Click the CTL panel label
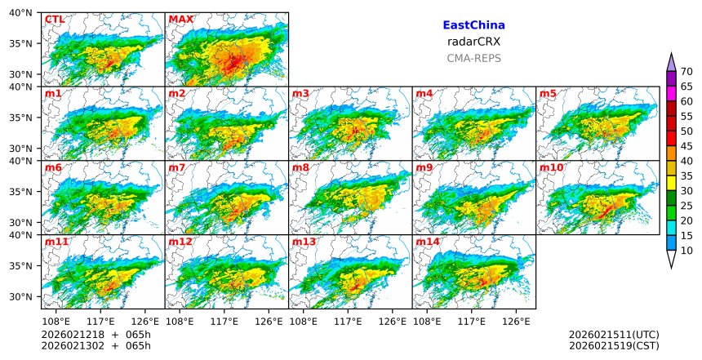pyautogui.click(x=55, y=20)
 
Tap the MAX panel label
pyautogui.click(x=180, y=20)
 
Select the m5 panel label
pyautogui.click(x=548, y=94)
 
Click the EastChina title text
pyautogui.click(x=473, y=26)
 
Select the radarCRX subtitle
pyautogui.click(x=473, y=42)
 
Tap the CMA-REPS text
pyautogui.click(x=473, y=59)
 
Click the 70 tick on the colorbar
pyautogui.click(x=687, y=72)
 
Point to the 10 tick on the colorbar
pyautogui.click(x=687, y=251)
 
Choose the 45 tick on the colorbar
pyautogui.click(x=687, y=146)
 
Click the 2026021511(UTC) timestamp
pyautogui.click(x=614, y=335)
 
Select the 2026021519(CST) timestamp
pyautogui.click(x=614, y=346)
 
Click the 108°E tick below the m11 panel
pyautogui.click(x=56, y=321)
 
